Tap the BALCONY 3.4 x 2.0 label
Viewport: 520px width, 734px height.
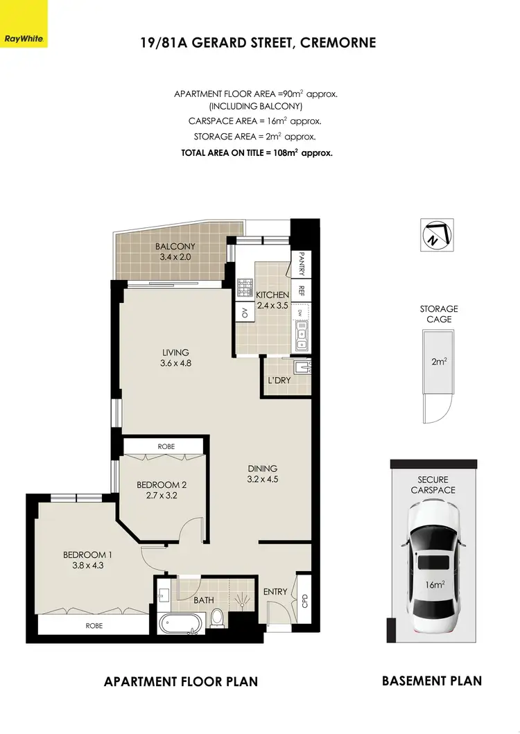175,252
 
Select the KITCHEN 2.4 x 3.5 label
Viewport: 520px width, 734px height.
272,300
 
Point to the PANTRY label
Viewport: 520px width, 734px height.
302,263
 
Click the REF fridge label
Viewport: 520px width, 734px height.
302,291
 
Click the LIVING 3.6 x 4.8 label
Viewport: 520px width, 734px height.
175,358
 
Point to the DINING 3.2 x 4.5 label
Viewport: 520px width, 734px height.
262,473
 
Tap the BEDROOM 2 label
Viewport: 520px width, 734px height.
162,490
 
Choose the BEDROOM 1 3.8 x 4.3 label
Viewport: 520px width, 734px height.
87,560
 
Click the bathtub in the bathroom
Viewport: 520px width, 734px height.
180,623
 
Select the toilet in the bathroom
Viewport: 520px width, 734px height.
218,617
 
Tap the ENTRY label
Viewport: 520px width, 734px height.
275,591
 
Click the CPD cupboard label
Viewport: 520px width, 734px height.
303,600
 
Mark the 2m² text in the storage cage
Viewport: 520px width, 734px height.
437,361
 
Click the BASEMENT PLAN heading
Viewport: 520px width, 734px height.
431,681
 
